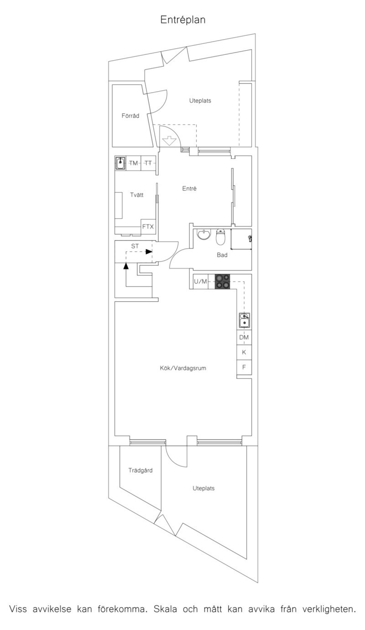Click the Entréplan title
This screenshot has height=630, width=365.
[x=183, y=20]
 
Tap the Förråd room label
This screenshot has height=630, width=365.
[x=130, y=116]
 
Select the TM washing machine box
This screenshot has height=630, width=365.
[x=134, y=163]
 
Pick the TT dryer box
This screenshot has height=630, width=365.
[x=148, y=163]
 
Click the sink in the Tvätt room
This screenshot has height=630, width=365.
[x=121, y=163]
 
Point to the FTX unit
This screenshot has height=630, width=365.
[x=148, y=227]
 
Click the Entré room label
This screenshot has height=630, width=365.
[x=189, y=188]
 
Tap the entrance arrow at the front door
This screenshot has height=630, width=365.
[x=169, y=141]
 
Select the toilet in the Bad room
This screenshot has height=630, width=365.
[x=221, y=237]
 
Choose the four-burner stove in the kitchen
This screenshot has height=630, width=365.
[x=223, y=282]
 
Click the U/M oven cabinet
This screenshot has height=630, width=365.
[x=201, y=282]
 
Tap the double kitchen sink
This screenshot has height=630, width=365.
[x=244, y=320]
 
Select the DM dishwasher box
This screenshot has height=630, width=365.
[x=244, y=337]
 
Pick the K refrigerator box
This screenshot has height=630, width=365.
[x=244, y=352]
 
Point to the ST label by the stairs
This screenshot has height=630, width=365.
[x=135, y=246]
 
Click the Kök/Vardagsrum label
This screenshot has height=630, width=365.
[x=183, y=368]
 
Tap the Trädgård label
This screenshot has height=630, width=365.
[x=141, y=470]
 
